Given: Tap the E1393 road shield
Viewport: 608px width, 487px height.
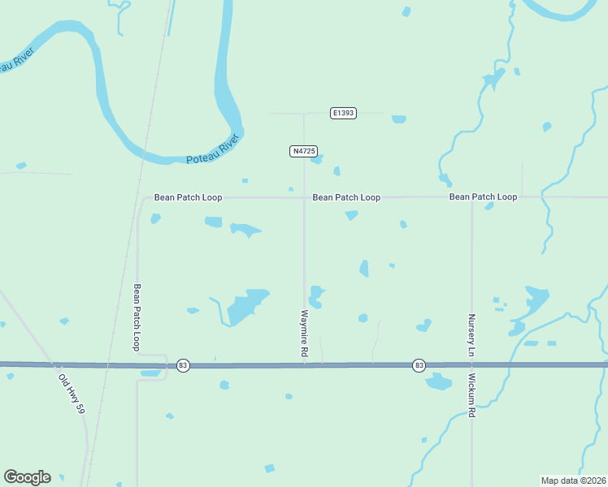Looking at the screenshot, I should click(x=344, y=114).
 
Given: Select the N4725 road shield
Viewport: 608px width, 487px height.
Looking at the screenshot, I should click(x=303, y=152).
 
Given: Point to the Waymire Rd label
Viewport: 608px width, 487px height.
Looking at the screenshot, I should click(x=304, y=334).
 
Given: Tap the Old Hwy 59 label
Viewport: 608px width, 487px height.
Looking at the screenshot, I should click(x=71, y=390).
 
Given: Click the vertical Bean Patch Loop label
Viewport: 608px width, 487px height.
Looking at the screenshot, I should click(x=137, y=317).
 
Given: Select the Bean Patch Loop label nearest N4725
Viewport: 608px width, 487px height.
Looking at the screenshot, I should click(x=346, y=197).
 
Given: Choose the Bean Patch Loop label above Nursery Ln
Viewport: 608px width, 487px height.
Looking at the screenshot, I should click(x=483, y=197).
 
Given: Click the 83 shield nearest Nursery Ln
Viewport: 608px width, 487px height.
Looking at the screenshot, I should click(x=418, y=365).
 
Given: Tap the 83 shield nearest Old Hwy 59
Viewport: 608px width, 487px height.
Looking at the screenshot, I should click(x=182, y=366).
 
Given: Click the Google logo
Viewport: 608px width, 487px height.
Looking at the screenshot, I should click(x=27, y=477).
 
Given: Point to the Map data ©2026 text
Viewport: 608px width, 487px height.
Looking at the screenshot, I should click(x=573, y=480).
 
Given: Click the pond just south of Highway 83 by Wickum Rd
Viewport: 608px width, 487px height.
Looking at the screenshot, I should click(x=438, y=381).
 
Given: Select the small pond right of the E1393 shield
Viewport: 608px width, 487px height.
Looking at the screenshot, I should click(x=398, y=119).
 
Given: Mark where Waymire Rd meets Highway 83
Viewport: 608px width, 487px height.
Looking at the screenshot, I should click(x=305, y=365).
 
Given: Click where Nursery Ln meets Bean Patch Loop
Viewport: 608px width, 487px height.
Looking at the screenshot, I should click(x=471, y=197).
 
